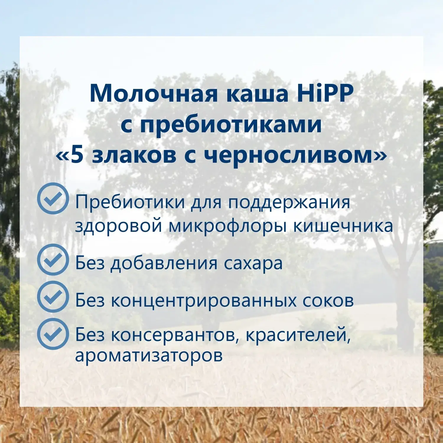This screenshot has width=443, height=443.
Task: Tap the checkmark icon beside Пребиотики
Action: [x=53, y=198]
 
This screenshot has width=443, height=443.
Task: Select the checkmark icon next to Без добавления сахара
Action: [x=53, y=260]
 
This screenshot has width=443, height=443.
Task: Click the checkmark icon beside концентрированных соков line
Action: [x=53, y=297]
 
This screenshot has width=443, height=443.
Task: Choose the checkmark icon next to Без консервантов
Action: [x=53, y=334]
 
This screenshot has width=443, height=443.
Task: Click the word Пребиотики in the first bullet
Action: [x=130, y=203]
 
